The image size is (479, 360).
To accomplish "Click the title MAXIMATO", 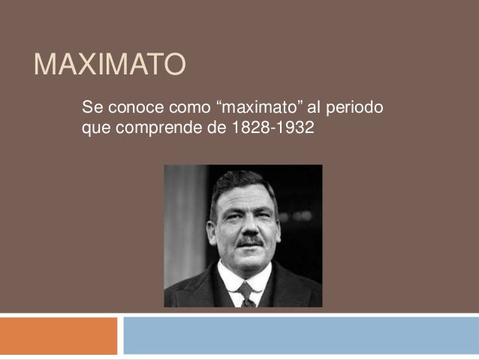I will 109,67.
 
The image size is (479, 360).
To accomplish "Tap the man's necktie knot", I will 245,288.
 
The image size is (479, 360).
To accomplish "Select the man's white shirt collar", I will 230,280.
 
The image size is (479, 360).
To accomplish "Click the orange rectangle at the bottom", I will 59,335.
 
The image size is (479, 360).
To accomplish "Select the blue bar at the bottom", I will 300,335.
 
